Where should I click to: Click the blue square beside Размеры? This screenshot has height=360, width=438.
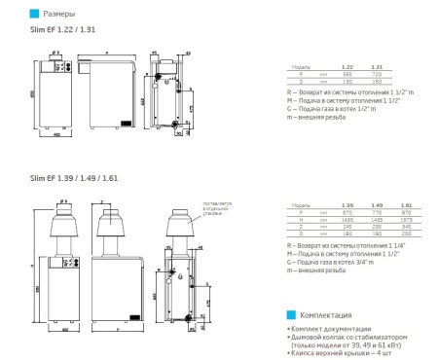pyautogui.click(x=35, y=15)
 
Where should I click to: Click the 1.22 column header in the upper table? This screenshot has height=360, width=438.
pyautogui.click(x=347, y=66)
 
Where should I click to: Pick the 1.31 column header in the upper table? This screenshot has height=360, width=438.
pyautogui.click(x=378, y=66)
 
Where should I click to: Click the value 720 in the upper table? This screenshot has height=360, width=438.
pyautogui.click(x=378, y=74)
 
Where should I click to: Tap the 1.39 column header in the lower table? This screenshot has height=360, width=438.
pyautogui.click(x=347, y=206)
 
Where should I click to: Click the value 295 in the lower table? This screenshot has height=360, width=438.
pyautogui.click(x=377, y=227)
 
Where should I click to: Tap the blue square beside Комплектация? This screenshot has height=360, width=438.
pyautogui.click(x=292, y=315)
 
